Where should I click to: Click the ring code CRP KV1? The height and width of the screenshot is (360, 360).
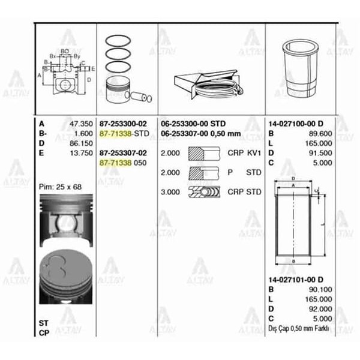pos(244,153)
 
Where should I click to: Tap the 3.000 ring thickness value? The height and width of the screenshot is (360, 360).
pos(171,192)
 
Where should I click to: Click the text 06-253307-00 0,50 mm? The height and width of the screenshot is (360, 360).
pos(200,133)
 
